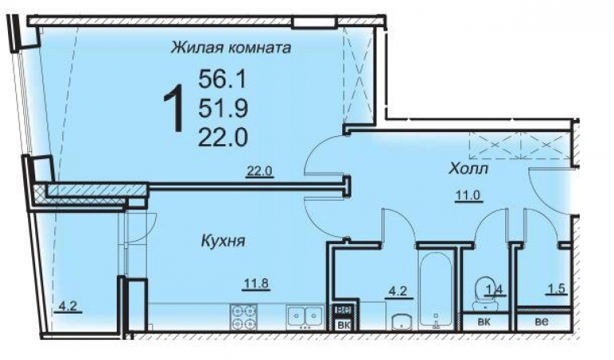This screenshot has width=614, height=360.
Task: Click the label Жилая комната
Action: click(230, 48)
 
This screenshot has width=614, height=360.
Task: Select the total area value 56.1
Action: click(224, 78)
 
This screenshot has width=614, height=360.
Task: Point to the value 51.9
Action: click(224, 107)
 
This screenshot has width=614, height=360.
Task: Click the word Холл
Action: click(468, 170)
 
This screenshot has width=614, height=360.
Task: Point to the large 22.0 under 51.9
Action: click(224, 137)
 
